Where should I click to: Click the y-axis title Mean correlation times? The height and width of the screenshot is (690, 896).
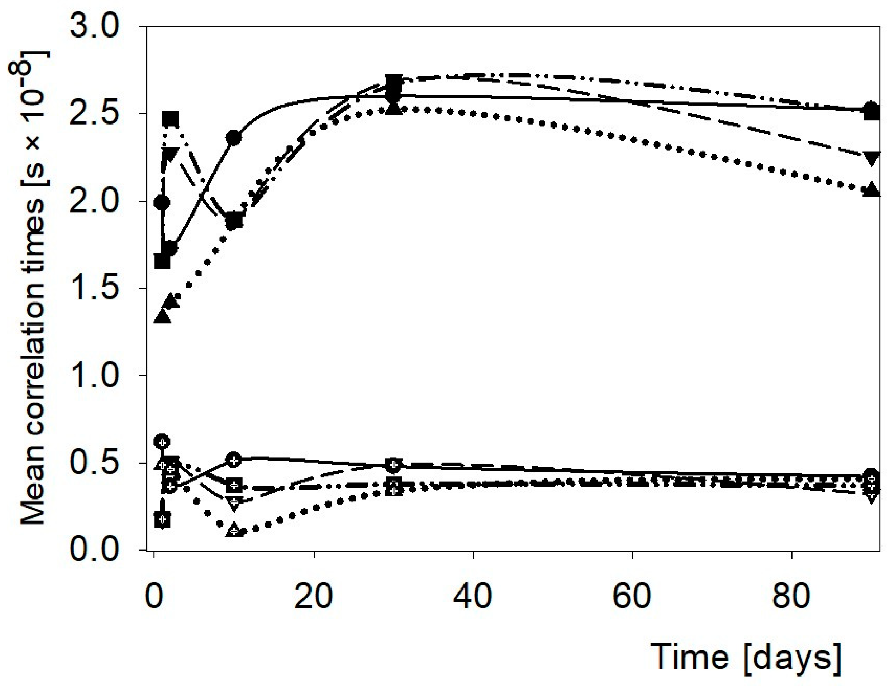33,287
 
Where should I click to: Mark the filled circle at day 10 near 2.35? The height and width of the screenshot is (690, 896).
234,138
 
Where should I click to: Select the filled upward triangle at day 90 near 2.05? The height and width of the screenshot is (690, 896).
871,191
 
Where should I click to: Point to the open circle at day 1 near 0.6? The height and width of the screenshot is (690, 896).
162,442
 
